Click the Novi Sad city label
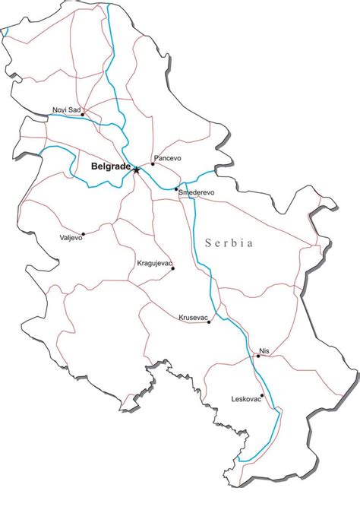tap(67, 109)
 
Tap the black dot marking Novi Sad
tap(83, 115)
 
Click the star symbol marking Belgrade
tap(137, 169)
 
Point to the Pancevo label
tap(168, 158)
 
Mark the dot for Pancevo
tap(153, 164)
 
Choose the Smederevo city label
tap(197, 193)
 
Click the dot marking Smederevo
tap(176, 188)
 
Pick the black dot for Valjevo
tap(83, 235)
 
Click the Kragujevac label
tap(155, 263)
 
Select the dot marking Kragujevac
tap(172, 268)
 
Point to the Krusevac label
tap(193, 317)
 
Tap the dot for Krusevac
tap(209, 322)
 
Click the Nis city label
tap(264, 350)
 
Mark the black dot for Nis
tap(258, 356)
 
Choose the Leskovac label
tap(247, 399)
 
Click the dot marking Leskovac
tap(262, 395)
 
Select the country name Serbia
tap(229, 243)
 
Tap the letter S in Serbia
tap(208, 243)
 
